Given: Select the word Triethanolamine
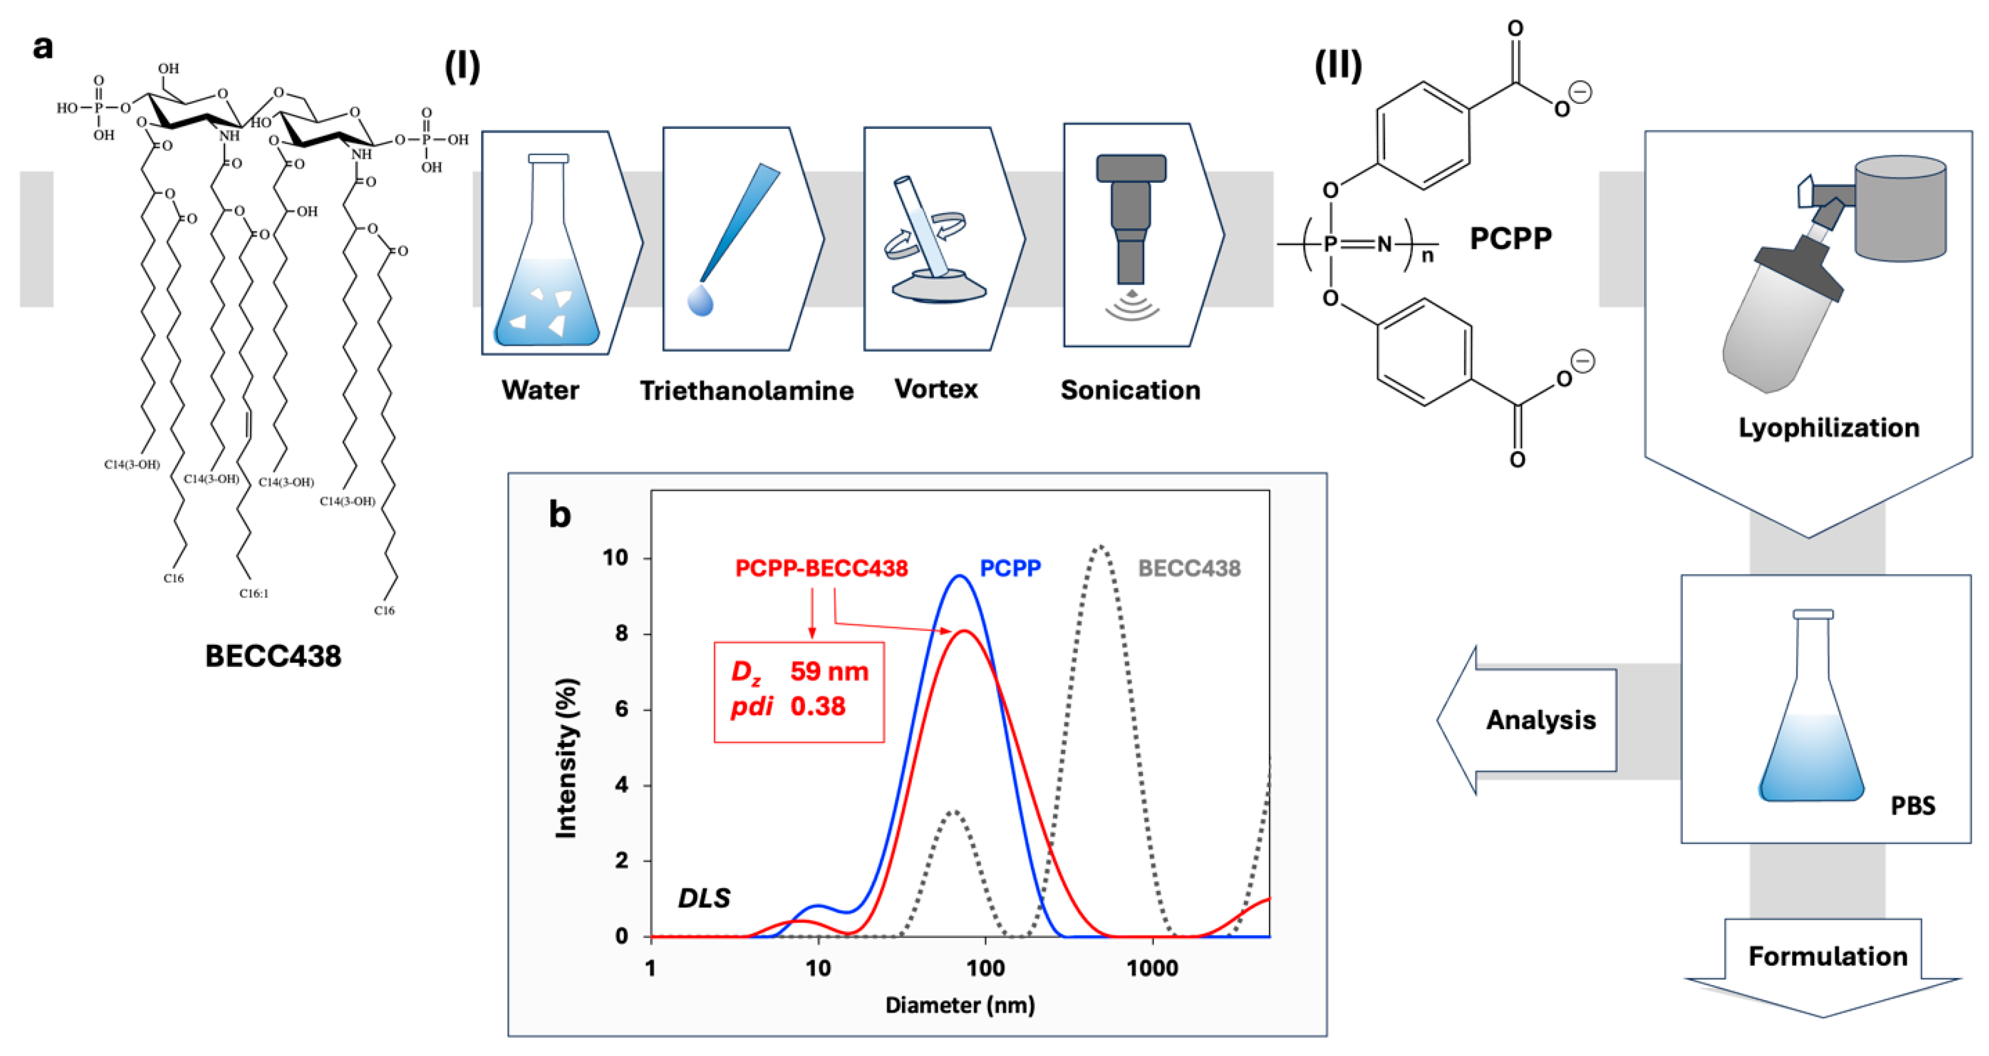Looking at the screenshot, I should [x=747, y=391].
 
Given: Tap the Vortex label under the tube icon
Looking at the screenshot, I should [x=936, y=388].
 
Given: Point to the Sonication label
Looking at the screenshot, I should [x=1130, y=390].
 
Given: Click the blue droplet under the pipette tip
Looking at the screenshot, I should [x=700, y=301].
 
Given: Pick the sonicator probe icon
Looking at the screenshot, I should [x=1130, y=220].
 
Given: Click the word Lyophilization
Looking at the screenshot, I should [x=1828, y=428].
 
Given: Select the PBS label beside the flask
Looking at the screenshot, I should [x=1913, y=806].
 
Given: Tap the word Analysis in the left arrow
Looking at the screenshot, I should [x=1540, y=720].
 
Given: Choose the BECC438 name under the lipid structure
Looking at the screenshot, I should [x=273, y=656].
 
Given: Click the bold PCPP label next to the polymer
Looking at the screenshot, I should [x=1510, y=239].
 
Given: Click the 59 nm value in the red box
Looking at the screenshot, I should [x=829, y=671].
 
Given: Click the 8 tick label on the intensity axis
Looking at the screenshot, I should [x=622, y=633].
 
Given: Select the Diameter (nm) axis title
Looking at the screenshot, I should [x=960, y=1005].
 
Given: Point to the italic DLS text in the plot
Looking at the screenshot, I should [x=704, y=897].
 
